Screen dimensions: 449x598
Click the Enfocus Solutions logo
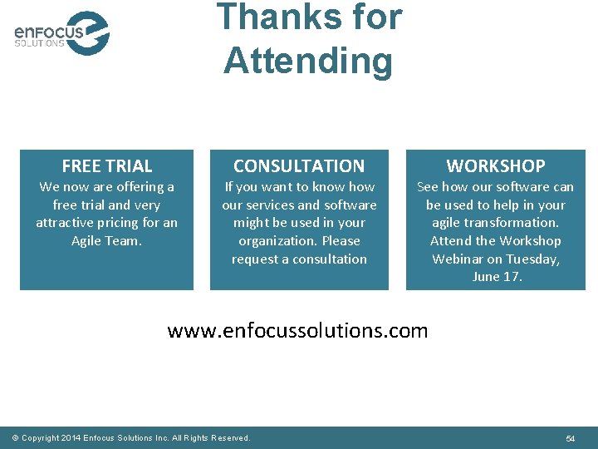[x=61, y=33]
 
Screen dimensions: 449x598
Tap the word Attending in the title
[x=307, y=61]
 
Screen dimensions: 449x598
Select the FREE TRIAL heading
[x=107, y=166]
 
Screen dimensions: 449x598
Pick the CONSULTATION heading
[x=299, y=166]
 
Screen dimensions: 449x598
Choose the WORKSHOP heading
[x=496, y=166]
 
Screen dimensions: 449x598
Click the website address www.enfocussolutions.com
[x=297, y=331]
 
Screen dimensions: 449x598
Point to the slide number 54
[x=571, y=438]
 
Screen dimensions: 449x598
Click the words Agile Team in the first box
[x=106, y=241]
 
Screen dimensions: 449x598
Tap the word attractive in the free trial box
[x=66, y=223]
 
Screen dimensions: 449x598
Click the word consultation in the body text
[x=330, y=259]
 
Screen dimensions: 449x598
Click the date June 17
[x=497, y=277]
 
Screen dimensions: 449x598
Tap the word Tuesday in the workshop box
[x=532, y=259]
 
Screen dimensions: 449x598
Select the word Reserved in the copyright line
[x=230, y=438]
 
